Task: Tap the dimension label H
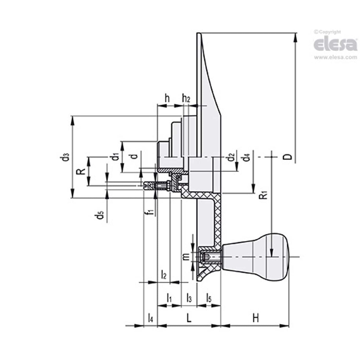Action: click(255, 318)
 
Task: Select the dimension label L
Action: click(189, 318)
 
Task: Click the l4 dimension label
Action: click(150, 318)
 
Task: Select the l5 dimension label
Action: click(209, 298)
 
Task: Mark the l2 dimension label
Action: click(164, 275)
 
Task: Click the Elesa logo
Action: click(335, 45)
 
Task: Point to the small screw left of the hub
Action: click(156, 187)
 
